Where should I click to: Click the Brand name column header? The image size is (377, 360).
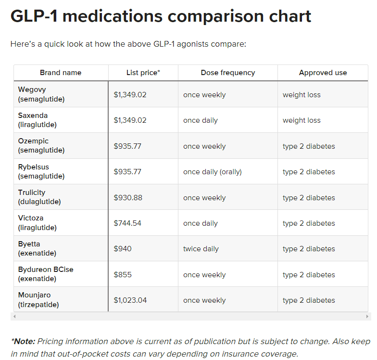(61, 73)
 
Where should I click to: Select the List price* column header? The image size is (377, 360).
(143, 73)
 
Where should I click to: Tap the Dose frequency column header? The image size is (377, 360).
(228, 73)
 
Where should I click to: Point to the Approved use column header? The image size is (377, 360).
(323, 73)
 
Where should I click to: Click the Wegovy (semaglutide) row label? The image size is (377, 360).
(41, 94)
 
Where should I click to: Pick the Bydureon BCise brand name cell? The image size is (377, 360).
(46, 274)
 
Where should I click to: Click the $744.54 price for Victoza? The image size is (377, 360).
(127, 223)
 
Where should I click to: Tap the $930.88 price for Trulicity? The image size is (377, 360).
(128, 198)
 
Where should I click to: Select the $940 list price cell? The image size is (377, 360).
(123, 249)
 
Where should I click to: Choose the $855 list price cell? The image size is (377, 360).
(123, 275)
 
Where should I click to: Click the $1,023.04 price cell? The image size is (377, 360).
(130, 300)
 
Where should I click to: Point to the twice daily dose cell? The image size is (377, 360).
(201, 249)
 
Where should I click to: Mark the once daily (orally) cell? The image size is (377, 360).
(213, 172)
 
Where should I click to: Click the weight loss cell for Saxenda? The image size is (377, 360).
(302, 120)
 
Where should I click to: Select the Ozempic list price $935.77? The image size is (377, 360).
(127, 146)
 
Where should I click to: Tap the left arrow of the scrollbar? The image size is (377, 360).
(14, 316)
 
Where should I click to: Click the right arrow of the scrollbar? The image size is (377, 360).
(368, 316)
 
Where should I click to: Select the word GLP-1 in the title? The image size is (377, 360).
(34, 16)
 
